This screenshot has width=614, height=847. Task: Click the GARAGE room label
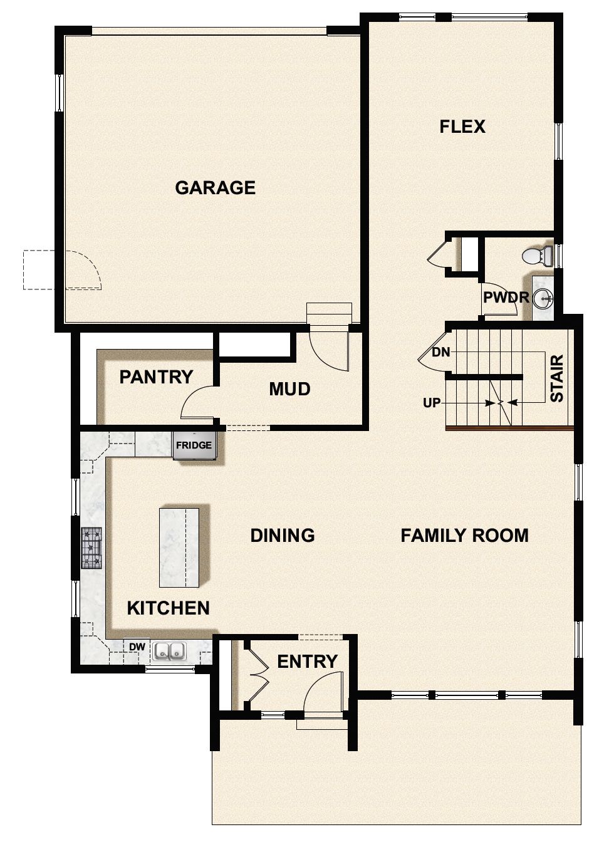(x=215, y=188)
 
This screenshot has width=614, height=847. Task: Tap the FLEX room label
(x=462, y=127)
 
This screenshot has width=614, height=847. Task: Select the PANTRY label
(x=156, y=377)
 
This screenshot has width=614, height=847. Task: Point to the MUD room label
(x=289, y=389)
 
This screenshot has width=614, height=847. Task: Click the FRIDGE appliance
(x=194, y=445)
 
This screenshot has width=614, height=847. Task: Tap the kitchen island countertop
(x=179, y=548)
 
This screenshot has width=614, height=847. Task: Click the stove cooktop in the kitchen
(x=91, y=548)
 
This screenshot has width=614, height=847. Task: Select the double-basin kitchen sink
(x=169, y=652)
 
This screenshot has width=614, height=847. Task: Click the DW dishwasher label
(x=137, y=647)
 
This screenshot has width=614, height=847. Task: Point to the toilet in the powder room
(x=538, y=256)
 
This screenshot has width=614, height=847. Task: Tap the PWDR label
(x=506, y=297)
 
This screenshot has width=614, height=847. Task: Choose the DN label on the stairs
(x=440, y=352)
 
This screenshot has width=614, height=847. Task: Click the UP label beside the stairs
(x=432, y=403)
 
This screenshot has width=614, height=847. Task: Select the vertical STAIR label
(x=556, y=378)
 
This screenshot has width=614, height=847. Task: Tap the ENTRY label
(x=307, y=662)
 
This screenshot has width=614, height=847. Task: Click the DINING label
(x=282, y=536)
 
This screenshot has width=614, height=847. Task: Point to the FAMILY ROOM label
(x=464, y=536)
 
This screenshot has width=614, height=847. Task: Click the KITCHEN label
(x=168, y=608)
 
